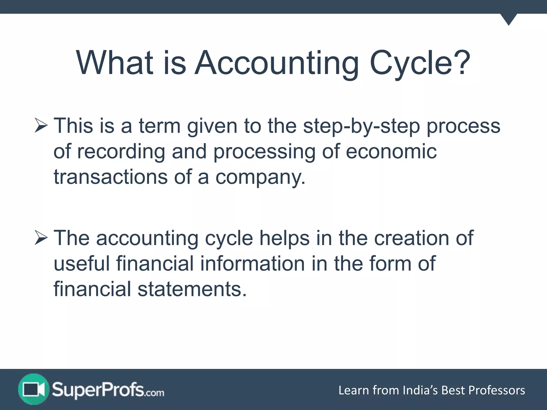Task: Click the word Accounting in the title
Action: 276,63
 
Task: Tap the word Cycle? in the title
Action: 420,63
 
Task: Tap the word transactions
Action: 110,177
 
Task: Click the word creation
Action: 411,238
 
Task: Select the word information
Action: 252,263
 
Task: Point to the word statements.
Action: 192,289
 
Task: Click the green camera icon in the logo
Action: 34,389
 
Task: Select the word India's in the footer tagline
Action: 420,390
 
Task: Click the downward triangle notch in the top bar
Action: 509,19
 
